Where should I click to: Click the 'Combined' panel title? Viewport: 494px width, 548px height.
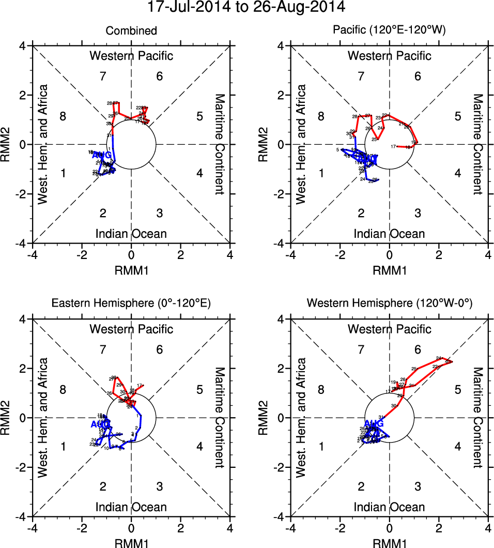(x=131, y=31)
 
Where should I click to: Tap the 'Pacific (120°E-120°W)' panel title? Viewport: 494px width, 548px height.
(x=389, y=31)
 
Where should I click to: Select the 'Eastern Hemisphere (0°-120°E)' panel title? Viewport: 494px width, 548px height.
(x=131, y=304)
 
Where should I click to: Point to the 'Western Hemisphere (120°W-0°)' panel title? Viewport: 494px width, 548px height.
(x=389, y=304)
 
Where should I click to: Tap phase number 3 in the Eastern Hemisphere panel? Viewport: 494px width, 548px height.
(x=160, y=486)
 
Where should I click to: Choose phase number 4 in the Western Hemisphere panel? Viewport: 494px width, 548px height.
(x=457, y=446)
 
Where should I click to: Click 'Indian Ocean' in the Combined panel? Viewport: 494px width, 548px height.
(x=131, y=234)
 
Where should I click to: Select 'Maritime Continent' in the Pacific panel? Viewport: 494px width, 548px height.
(x=477, y=144)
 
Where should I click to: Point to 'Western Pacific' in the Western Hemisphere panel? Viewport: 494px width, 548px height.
(x=389, y=329)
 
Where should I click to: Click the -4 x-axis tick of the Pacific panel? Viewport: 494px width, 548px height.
(x=291, y=254)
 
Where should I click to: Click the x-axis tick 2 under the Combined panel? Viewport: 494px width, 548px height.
(x=181, y=254)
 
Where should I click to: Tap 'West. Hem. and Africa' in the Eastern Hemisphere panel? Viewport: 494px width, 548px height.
(x=43, y=418)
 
